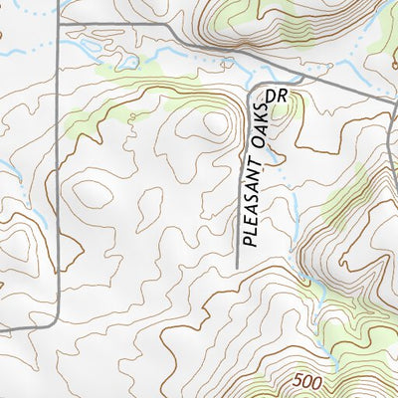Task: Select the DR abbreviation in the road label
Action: point(278,97)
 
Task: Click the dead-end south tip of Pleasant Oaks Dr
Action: point(237,266)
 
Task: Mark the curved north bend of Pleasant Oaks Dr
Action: point(251,88)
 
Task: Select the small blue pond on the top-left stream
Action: point(127,63)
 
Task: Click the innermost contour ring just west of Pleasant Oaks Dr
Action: point(211,122)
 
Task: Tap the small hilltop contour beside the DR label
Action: point(283,111)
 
